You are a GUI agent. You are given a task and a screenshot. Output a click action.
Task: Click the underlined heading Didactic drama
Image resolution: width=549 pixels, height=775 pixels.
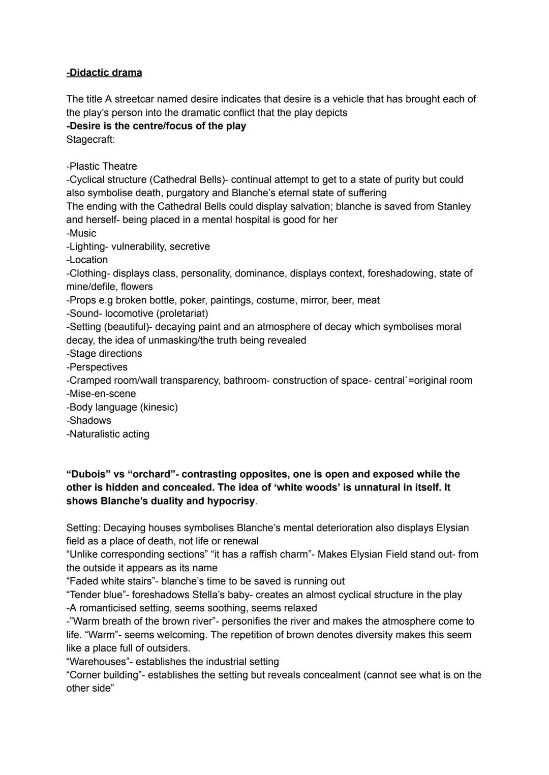click(x=104, y=73)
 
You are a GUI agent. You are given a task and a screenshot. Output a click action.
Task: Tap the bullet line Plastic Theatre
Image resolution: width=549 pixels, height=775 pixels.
click(x=102, y=166)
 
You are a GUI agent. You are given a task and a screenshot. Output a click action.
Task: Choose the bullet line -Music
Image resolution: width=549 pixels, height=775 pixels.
click(x=81, y=233)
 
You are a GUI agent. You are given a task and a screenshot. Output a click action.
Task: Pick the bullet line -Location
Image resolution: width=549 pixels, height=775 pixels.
click(x=87, y=260)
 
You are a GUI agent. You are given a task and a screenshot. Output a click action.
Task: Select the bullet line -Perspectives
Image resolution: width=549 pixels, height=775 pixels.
click(x=97, y=367)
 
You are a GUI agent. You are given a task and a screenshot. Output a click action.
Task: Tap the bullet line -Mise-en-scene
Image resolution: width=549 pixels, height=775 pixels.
click(x=101, y=394)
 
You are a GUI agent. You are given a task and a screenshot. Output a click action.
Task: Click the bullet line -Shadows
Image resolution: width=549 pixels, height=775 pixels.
click(x=88, y=420)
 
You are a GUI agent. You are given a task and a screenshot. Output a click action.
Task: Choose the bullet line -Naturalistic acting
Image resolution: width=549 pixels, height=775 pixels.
click(x=108, y=434)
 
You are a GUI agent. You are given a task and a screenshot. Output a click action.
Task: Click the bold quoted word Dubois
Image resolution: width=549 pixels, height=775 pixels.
click(x=88, y=474)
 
